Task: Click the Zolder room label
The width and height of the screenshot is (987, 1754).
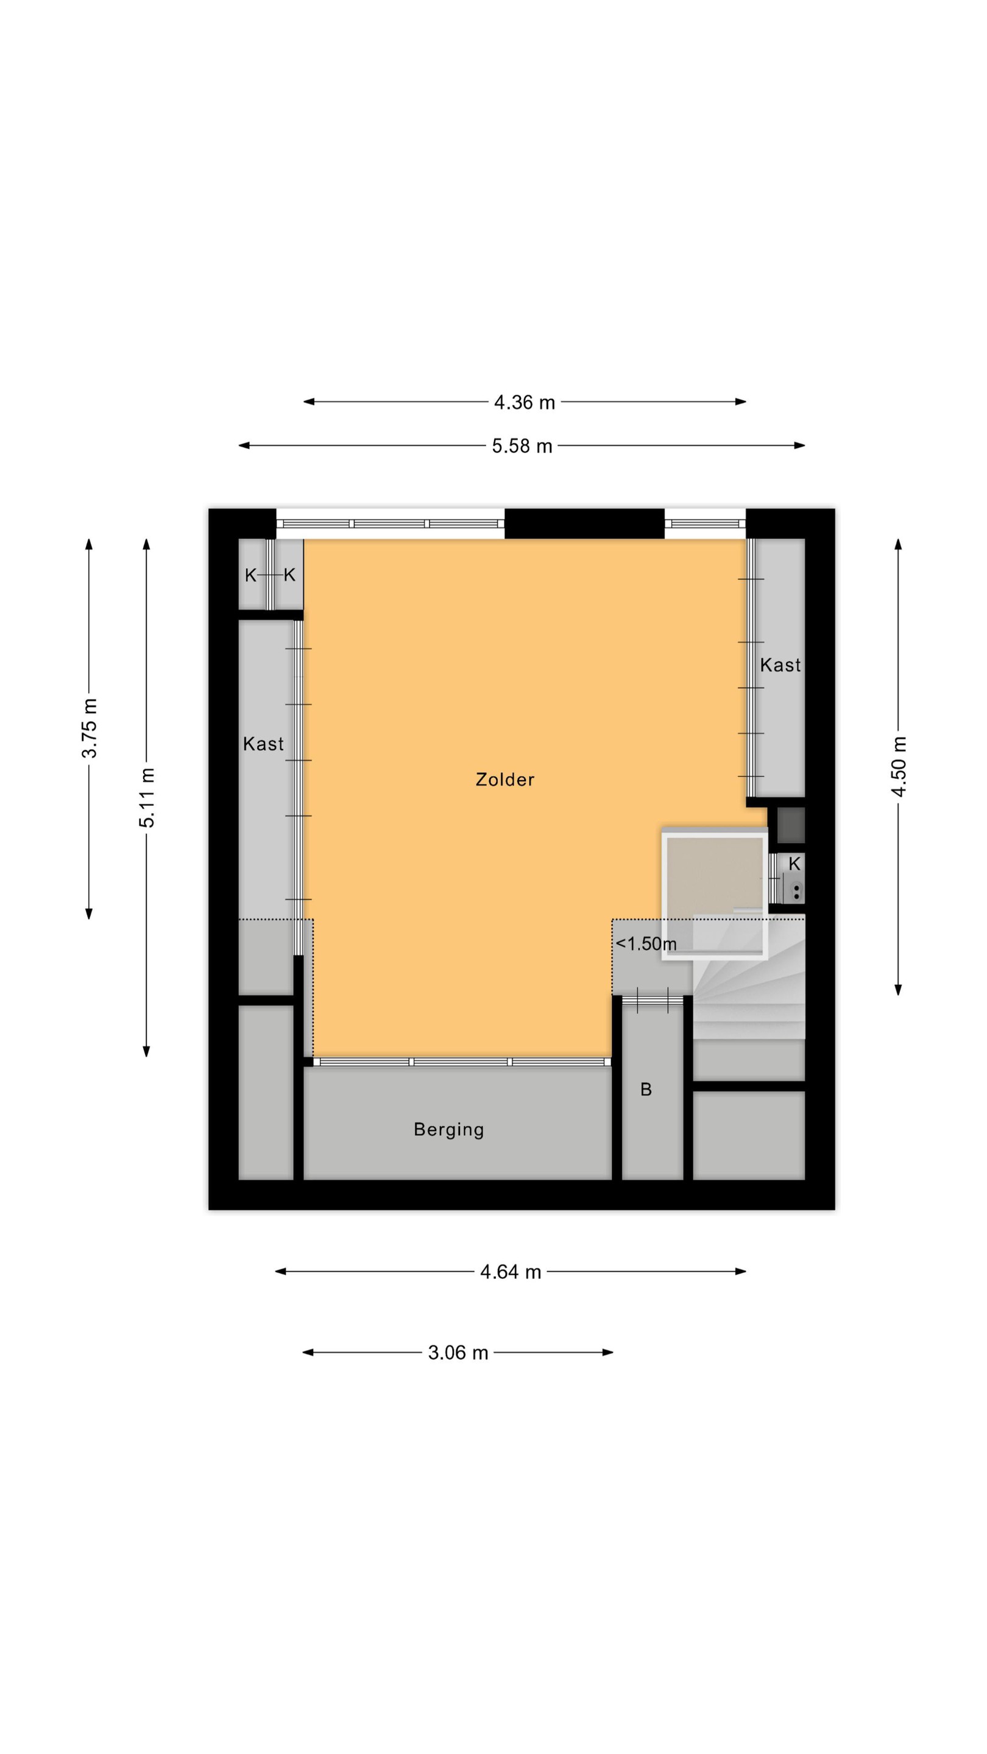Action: [x=504, y=780]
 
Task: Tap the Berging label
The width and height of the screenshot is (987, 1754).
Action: [x=449, y=1130]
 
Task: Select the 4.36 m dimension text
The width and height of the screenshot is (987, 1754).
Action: [x=525, y=403]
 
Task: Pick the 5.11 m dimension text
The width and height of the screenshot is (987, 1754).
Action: [x=147, y=797]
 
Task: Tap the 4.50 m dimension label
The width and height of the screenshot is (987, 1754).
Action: [x=899, y=767]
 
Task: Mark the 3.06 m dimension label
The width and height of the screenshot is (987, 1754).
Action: [x=458, y=1352]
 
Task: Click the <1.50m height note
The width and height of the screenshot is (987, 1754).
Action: [x=646, y=944]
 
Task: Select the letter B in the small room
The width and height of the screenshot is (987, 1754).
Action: [x=646, y=1090]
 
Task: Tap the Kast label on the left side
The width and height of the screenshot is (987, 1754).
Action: [x=263, y=744]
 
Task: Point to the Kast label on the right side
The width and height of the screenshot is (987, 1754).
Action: [x=780, y=664]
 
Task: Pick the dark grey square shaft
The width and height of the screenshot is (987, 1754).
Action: [x=791, y=825]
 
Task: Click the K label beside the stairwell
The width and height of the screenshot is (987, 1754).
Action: [x=794, y=864]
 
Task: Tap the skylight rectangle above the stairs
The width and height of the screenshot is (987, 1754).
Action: [x=715, y=893]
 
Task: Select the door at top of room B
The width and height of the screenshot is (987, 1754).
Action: [x=652, y=999]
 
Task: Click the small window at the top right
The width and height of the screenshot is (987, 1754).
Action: [x=705, y=524]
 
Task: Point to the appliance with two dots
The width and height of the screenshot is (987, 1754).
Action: [x=796, y=890]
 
